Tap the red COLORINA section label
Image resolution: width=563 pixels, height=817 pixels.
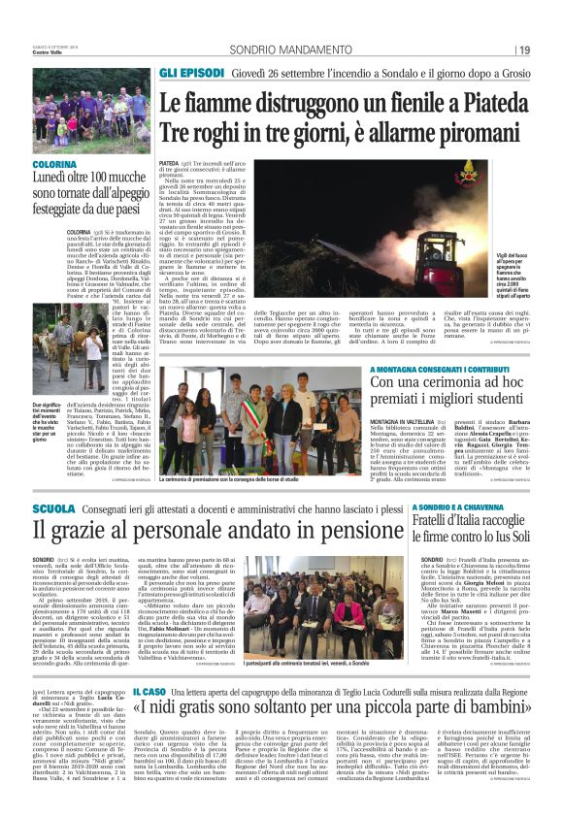(x=50, y=166)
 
